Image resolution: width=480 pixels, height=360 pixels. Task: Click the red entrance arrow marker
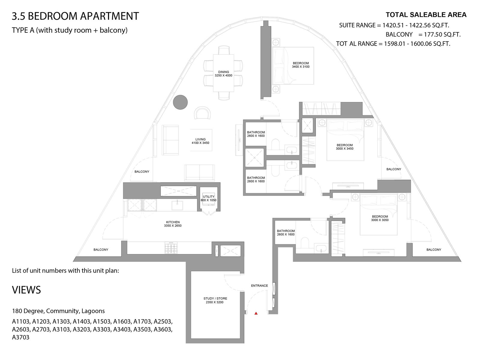[256, 313]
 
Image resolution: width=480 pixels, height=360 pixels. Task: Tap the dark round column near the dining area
[180, 102]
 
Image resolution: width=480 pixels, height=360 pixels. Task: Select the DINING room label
[223, 74]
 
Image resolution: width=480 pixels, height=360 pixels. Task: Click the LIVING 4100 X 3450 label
[200, 141]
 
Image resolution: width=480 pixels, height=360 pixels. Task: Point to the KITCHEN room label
[173, 224]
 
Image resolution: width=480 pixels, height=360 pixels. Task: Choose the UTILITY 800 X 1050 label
[208, 198]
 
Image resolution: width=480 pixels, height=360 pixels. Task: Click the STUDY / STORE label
[215, 300]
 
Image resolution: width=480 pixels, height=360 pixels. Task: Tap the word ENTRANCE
[259, 286]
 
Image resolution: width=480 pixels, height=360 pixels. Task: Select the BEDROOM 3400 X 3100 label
[301, 65]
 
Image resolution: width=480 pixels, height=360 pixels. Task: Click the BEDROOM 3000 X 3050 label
[380, 218]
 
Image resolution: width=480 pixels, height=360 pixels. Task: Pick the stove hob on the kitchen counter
[171, 248]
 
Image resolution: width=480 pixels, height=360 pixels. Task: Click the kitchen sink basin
[177, 205]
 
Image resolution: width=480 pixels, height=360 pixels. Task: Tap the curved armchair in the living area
[202, 113]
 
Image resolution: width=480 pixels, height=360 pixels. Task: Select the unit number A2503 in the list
[163, 321]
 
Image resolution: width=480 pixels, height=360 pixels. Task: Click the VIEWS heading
[26, 290]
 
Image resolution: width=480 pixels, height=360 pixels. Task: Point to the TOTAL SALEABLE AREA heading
[426, 15]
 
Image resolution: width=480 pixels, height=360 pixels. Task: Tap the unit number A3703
[21, 337]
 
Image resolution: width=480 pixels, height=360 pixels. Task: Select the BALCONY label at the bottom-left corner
[101, 249]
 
